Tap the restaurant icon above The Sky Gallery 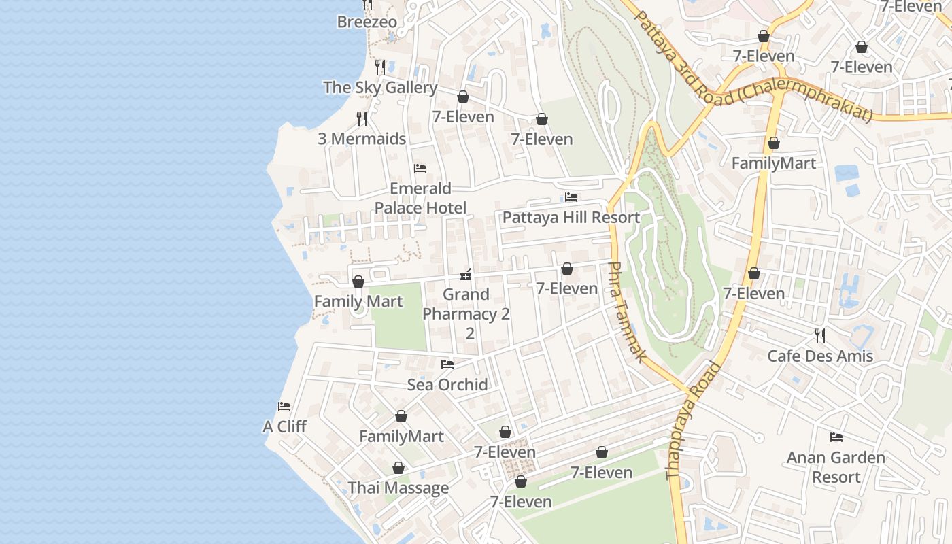[x=380, y=67]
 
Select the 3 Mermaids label [x=362, y=139]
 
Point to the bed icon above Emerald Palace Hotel [x=420, y=168]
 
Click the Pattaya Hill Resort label [x=571, y=218]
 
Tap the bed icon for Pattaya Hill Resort [x=571, y=197]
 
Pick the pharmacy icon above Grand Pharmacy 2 [x=466, y=275]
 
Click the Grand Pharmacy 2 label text [x=466, y=305]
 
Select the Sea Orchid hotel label [x=447, y=385]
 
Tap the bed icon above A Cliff [x=284, y=407]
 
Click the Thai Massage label [x=398, y=488]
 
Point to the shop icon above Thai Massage [x=398, y=468]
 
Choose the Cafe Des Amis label [x=820, y=356]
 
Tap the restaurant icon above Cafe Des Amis [x=820, y=335]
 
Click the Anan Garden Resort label [x=836, y=467]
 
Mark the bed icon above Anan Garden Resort [x=836, y=437]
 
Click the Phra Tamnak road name [x=626, y=311]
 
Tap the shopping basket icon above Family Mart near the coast [x=358, y=282]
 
